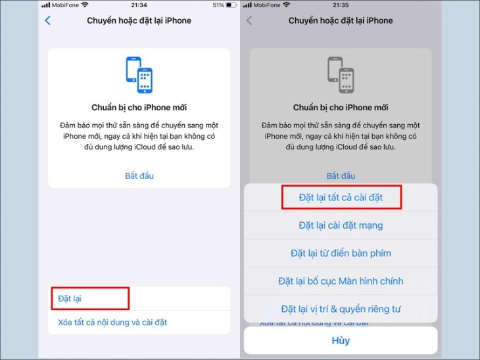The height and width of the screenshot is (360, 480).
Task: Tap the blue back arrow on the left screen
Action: [x=48, y=20]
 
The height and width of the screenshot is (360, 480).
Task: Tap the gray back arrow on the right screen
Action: [x=249, y=20]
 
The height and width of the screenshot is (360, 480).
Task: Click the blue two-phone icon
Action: [x=139, y=75]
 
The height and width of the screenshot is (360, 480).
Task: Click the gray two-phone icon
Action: [x=341, y=75]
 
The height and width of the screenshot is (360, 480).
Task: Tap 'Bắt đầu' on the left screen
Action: [x=139, y=176]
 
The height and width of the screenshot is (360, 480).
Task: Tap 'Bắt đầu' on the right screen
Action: [x=341, y=176]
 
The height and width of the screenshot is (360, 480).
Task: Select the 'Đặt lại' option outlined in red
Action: [x=70, y=298]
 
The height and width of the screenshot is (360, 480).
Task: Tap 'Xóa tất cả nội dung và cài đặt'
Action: [x=112, y=323]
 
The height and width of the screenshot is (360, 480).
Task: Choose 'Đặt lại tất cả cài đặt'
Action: [x=341, y=197]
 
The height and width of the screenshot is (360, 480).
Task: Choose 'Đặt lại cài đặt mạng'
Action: [x=341, y=225]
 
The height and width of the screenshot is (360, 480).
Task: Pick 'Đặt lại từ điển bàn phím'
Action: [x=341, y=254]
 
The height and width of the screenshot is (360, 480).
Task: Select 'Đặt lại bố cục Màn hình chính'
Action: [x=341, y=281]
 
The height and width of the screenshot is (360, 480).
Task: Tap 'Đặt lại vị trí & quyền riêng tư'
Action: [x=341, y=309]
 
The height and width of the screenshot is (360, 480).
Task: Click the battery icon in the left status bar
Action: [x=231, y=5]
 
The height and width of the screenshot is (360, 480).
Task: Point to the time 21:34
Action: [x=139, y=5]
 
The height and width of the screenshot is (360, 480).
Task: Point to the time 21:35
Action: [x=341, y=5]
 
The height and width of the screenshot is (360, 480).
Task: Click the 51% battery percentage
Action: [x=218, y=5]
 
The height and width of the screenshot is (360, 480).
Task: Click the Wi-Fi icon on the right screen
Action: [x=287, y=5]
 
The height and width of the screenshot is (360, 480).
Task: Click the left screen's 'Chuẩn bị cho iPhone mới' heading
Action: [x=139, y=108]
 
